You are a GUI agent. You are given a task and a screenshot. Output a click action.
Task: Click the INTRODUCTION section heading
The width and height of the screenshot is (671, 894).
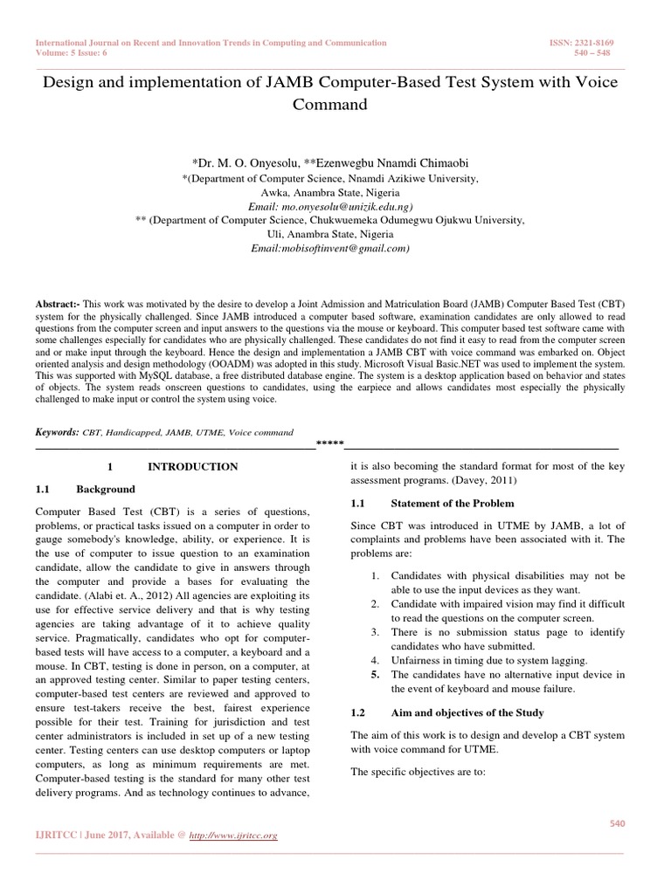pos(192,467)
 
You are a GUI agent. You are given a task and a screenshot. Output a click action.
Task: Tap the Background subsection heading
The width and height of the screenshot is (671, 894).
pos(106,489)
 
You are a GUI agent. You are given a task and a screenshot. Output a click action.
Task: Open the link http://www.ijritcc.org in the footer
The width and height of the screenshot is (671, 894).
pos(233,836)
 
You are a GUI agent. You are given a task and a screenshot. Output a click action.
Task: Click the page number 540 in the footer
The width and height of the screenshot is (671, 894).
pos(617,823)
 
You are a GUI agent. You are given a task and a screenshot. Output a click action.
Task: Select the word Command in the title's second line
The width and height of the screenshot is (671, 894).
pos(335,105)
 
